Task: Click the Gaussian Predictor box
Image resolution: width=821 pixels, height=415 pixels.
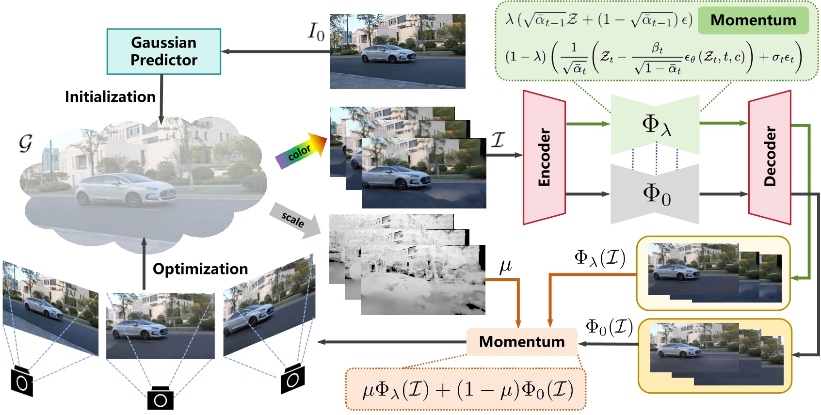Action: pyautogui.click(x=163, y=51)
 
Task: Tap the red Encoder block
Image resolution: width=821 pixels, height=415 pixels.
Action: pyautogui.click(x=544, y=157)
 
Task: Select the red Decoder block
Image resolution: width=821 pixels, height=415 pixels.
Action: pyautogui.click(x=770, y=157)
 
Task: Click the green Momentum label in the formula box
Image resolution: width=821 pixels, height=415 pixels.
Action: pyautogui.click(x=753, y=20)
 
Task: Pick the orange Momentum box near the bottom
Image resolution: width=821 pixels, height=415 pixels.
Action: pyautogui.click(x=522, y=342)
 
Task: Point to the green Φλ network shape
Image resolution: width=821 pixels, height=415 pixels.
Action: pyautogui.click(x=655, y=124)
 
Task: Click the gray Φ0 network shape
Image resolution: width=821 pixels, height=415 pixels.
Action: pyautogui.click(x=655, y=194)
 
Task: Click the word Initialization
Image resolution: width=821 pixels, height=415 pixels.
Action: pyautogui.click(x=110, y=96)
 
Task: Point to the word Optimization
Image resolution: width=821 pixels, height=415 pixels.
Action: pyautogui.click(x=200, y=269)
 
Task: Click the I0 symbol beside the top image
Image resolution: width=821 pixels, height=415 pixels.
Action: pyautogui.click(x=316, y=32)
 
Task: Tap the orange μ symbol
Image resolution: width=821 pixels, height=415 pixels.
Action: pyautogui.click(x=505, y=266)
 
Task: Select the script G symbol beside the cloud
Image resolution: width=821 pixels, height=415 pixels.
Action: pyautogui.click(x=25, y=144)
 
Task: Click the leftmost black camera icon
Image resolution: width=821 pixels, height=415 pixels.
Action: pyautogui.click(x=22, y=382)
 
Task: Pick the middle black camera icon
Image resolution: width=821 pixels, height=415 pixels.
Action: pyautogui.click(x=161, y=399)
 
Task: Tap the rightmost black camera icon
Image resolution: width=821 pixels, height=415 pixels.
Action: pyautogui.click(x=293, y=379)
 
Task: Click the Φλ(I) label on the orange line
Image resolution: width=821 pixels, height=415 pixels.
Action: pyautogui.click(x=599, y=258)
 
